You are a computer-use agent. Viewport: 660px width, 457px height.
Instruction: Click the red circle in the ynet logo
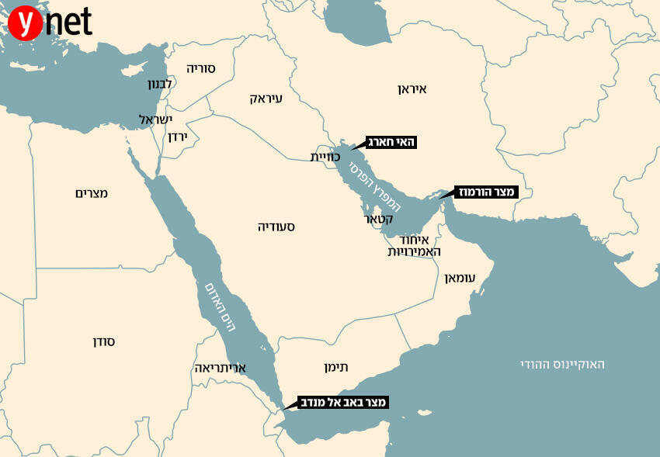point(26,24)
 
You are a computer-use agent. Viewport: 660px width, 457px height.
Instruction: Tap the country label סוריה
point(200,68)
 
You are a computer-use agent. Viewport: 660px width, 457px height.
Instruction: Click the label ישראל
point(155,119)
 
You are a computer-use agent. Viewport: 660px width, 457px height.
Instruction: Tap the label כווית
point(326,157)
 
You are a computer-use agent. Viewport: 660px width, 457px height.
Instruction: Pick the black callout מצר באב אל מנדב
point(342,402)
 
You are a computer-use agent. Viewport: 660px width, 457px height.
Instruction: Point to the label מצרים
point(92,192)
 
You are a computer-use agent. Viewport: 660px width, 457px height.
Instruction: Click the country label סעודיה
point(276,227)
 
